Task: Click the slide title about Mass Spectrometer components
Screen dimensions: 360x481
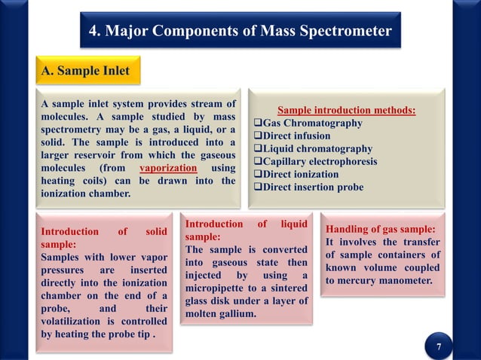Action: click(x=240, y=31)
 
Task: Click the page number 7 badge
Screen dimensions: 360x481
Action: click(x=439, y=346)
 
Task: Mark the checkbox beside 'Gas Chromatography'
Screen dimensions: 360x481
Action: click(x=256, y=123)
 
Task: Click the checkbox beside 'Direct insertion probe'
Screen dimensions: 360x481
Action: click(x=256, y=187)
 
